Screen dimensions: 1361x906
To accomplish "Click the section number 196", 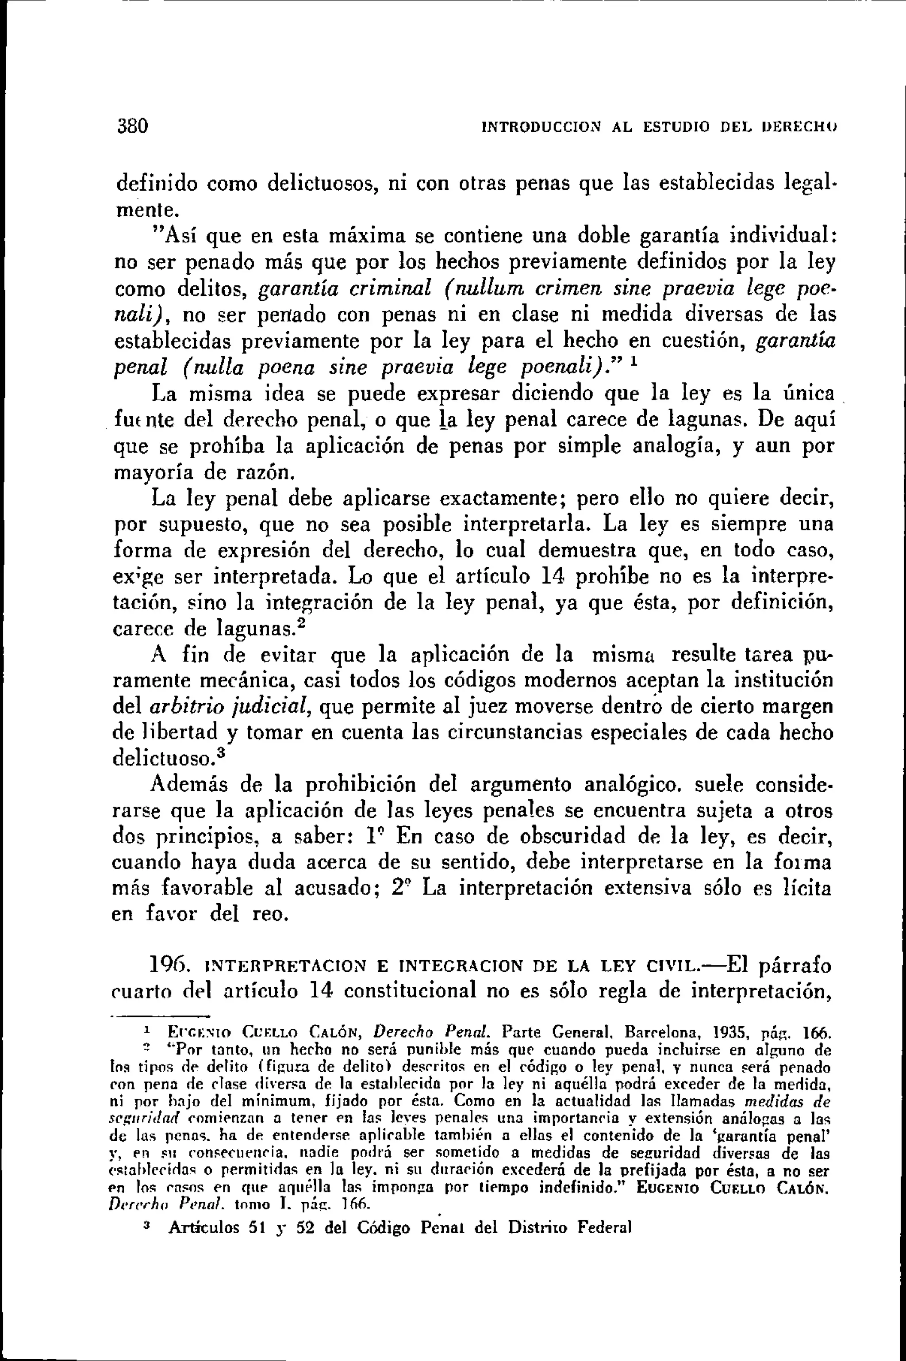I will point(167,965).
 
